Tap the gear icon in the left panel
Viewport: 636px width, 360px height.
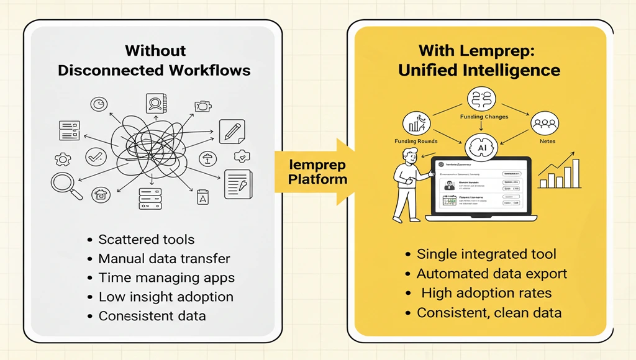pyautogui.click(x=63, y=160)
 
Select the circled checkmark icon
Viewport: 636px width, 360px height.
pyautogui.click(x=96, y=156)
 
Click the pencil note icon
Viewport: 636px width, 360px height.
pyautogui.click(x=232, y=132)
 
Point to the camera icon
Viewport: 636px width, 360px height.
pyautogui.click(x=202, y=107)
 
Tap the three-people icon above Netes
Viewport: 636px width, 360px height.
pyautogui.click(x=545, y=124)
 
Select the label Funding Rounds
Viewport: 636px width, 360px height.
pyautogui.click(x=416, y=142)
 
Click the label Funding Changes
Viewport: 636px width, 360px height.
pyautogui.click(x=484, y=117)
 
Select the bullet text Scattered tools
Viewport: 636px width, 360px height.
pyautogui.click(x=147, y=240)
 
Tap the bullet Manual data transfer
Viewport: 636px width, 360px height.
pyautogui.click(x=164, y=258)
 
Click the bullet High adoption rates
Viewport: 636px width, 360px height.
pyautogui.click(x=486, y=293)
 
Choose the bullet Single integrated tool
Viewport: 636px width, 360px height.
pyautogui.click(x=486, y=254)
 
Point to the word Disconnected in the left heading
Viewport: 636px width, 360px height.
pyautogui.click(x=110, y=70)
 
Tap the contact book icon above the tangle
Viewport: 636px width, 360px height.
pyautogui.click(x=153, y=102)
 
